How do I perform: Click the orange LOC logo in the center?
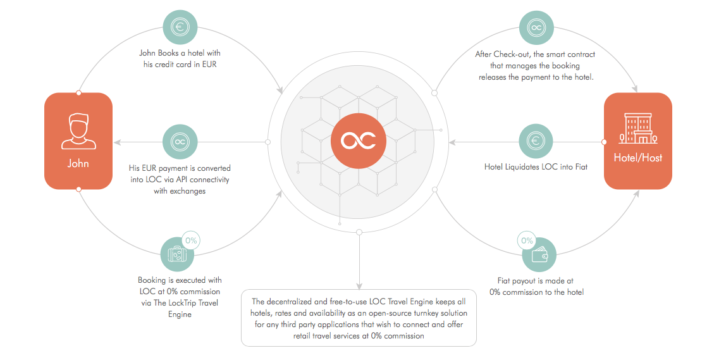pyautogui.click(x=358, y=141)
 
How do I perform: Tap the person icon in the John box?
pyautogui.click(x=78, y=132)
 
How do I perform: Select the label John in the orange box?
pyautogui.click(x=78, y=163)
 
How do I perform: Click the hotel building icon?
pyautogui.click(x=637, y=129)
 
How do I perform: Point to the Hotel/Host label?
pyautogui.click(x=637, y=158)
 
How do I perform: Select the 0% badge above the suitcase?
pyautogui.click(x=191, y=240)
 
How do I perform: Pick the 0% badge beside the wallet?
pyautogui.click(x=527, y=240)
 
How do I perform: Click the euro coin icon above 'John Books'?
pyautogui.click(x=180, y=27)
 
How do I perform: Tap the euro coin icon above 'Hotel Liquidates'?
pyautogui.click(x=536, y=141)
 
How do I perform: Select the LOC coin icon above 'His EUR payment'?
pyautogui.click(x=180, y=141)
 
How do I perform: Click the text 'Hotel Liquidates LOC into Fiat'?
pyautogui.click(x=536, y=167)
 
